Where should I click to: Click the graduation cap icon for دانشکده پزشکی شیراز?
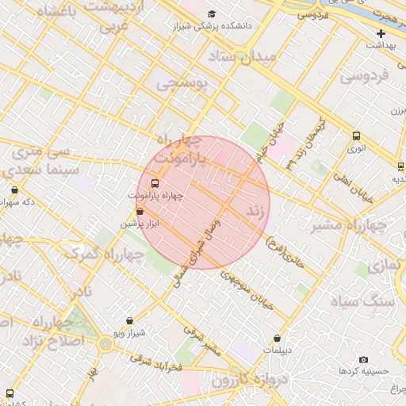pos(211,13)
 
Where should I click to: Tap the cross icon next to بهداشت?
pos(381,33)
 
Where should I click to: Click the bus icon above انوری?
pos(356,136)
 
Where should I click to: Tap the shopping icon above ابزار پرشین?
pos(140,212)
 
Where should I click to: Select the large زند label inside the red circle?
pos(255,212)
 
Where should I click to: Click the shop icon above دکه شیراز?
pos(15,190)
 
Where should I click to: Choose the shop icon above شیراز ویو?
pos(129,321)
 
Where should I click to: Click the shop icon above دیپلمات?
pos(277,339)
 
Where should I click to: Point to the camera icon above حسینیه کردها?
pos(363,359)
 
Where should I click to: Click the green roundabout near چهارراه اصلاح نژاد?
pos(105,343)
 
